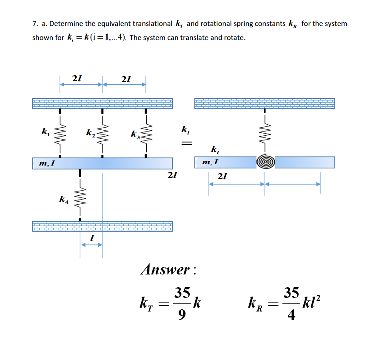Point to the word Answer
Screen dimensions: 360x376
(x=165, y=269)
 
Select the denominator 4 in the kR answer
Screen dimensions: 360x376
(x=291, y=316)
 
